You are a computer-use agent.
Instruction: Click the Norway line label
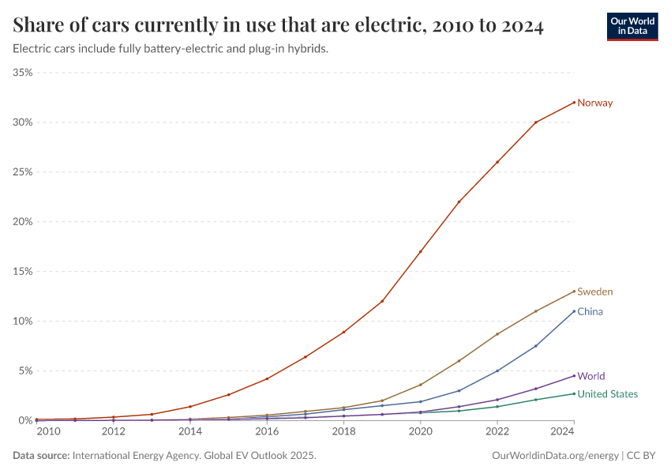pyautogui.click(x=594, y=103)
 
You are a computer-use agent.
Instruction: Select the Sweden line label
pyautogui.click(x=594, y=292)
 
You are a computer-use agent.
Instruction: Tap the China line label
pyautogui.click(x=590, y=311)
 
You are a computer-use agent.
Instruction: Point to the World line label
pyautogui.click(x=591, y=376)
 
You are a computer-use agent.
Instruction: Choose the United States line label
pyautogui.click(x=607, y=393)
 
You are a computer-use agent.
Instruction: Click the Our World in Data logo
pyautogui.click(x=632, y=26)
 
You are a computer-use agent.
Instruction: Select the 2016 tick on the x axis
pyautogui.click(x=267, y=431)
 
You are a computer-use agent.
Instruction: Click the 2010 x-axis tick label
pyautogui.click(x=47, y=431)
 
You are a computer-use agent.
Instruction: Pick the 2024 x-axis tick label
pyautogui.click(x=561, y=431)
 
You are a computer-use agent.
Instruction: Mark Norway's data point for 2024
pyautogui.click(x=574, y=102)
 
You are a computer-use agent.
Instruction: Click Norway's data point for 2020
pyautogui.click(x=420, y=251)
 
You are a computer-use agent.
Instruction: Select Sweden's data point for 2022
pyautogui.click(x=497, y=334)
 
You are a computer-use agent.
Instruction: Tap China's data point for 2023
pyautogui.click(x=535, y=346)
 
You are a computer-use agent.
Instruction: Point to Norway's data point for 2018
pyautogui.click(x=343, y=332)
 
